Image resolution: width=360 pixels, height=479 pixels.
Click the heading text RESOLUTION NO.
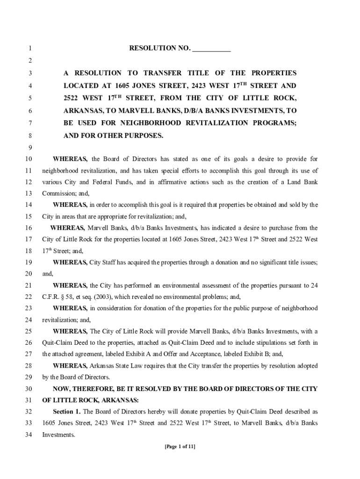point(159,48)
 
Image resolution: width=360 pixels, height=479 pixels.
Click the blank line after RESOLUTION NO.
point(211,49)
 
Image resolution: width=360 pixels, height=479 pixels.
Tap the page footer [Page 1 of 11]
point(180,446)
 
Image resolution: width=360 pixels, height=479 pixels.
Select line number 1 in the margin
point(29,48)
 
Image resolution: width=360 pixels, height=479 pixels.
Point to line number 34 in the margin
point(28,435)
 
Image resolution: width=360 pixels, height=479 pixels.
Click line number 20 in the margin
point(28,274)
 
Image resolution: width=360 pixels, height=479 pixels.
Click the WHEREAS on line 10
point(70,159)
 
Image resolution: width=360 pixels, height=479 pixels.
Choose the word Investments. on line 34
point(58,435)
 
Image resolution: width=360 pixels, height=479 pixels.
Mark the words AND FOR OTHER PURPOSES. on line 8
point(114,136)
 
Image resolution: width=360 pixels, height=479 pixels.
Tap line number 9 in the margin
point(29,147)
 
